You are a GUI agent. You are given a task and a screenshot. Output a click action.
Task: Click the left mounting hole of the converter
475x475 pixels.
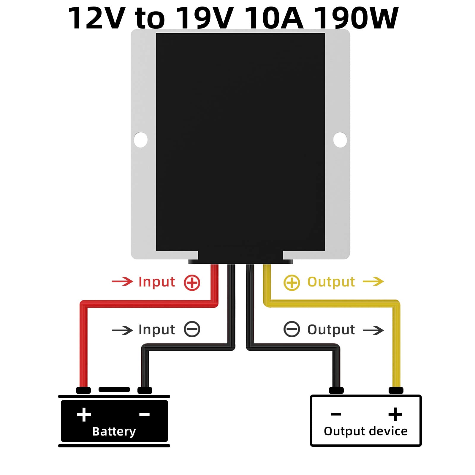click(x=141, y=140)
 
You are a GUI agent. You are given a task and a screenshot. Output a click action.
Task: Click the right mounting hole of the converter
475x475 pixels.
click(x=340, y=140)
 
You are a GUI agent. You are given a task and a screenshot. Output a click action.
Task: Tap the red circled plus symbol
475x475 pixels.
click(x=192, y=282)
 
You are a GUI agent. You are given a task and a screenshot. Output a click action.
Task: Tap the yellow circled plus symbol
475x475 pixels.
click(x=292, y=282)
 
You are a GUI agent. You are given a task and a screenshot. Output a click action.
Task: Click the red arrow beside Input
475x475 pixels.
click(x=122, y=281)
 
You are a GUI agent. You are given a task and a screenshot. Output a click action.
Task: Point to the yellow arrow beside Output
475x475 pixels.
click(x=373, y=281)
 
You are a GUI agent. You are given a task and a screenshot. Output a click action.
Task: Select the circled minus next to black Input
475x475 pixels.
click(x=192, y=329)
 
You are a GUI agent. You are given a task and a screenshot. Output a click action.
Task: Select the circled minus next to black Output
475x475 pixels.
click(x=292, y=329)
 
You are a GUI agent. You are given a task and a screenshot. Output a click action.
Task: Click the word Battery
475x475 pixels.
click(x=114, y=431)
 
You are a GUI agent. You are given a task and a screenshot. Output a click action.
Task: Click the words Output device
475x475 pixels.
click(x=365, y=431)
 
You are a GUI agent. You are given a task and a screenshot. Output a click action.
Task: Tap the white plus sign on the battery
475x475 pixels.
click(x=84, y=414)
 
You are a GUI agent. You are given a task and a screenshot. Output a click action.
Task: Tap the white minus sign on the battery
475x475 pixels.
click(x=144, y=414)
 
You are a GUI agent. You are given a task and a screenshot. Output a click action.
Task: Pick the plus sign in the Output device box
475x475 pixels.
click(x=395, y=414)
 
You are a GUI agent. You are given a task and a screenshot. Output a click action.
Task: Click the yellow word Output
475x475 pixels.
click(x=331, y=282)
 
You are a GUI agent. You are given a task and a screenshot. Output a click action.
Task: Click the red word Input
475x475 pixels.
click(x=157, y=282)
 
